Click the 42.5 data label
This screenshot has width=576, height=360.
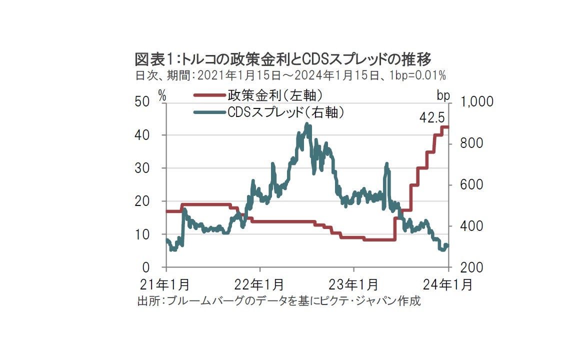coord(432,118)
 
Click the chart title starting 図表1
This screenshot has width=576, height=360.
coord(283,59)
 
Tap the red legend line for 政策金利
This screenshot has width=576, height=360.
coord(209,95)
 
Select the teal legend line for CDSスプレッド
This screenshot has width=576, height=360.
coord(209,112)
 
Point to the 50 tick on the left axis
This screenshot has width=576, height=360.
coord(142,102)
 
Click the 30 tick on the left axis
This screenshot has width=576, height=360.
coord(142,168)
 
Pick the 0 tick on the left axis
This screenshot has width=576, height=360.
coord(146,267)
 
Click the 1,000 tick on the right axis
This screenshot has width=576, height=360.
coord(477,102)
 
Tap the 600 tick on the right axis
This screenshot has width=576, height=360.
coord(471,184)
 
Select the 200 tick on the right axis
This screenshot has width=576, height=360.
coord(471,267)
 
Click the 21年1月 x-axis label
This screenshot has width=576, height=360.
coord(165,284)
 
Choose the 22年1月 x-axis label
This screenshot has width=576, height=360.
coord(259,284)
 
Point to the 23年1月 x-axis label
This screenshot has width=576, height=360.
coord(353,284)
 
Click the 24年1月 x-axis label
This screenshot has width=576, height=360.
coord(448,284)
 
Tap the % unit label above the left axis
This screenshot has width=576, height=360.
coord(162,96)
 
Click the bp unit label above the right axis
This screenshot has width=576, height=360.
coord(443,96)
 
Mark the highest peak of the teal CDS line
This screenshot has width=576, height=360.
coord(307,124)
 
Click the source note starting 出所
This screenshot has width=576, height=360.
coord(279,301)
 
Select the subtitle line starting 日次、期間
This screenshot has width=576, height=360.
coord(290,75)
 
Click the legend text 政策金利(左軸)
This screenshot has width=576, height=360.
coord(275,95)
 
